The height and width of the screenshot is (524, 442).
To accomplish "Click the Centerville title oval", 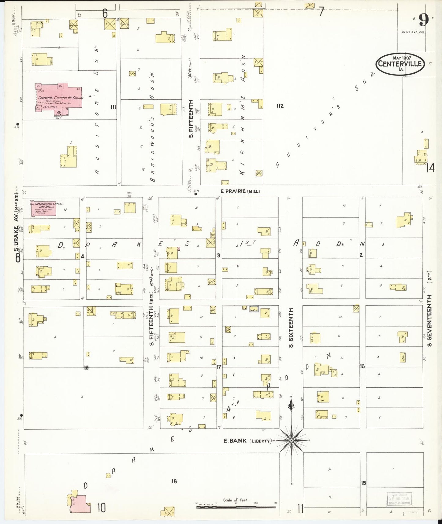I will (x=400, y=64).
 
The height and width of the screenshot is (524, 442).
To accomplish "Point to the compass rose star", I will (x=292, y=440).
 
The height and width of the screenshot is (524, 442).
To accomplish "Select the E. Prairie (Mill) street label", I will (x=240, y=191).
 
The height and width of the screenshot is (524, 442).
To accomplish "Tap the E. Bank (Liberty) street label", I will (x=247, y=441).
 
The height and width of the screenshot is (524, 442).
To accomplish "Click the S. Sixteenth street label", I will (x=291, y=328).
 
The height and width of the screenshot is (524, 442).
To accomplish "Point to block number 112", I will (x=280, y=106).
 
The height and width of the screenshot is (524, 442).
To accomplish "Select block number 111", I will (x=113, y=107).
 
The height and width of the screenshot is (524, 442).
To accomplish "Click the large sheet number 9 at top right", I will (x=423, y=20).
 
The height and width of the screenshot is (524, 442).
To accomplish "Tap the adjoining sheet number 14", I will (x=430, y=168).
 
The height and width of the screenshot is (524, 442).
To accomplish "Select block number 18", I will (x=174, y=481).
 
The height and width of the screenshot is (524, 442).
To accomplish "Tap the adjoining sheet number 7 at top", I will (x=321, y=12).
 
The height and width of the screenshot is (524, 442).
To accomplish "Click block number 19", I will (x=86, y=367).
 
